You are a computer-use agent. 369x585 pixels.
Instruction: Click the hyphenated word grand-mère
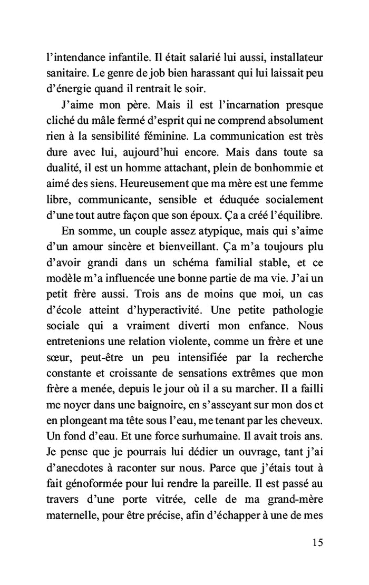tap(296, 506)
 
